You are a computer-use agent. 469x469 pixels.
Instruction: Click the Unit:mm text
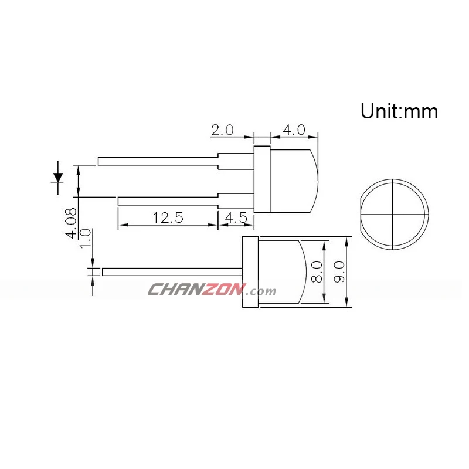point(399,111)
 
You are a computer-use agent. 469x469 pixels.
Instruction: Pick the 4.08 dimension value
point(72,223)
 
